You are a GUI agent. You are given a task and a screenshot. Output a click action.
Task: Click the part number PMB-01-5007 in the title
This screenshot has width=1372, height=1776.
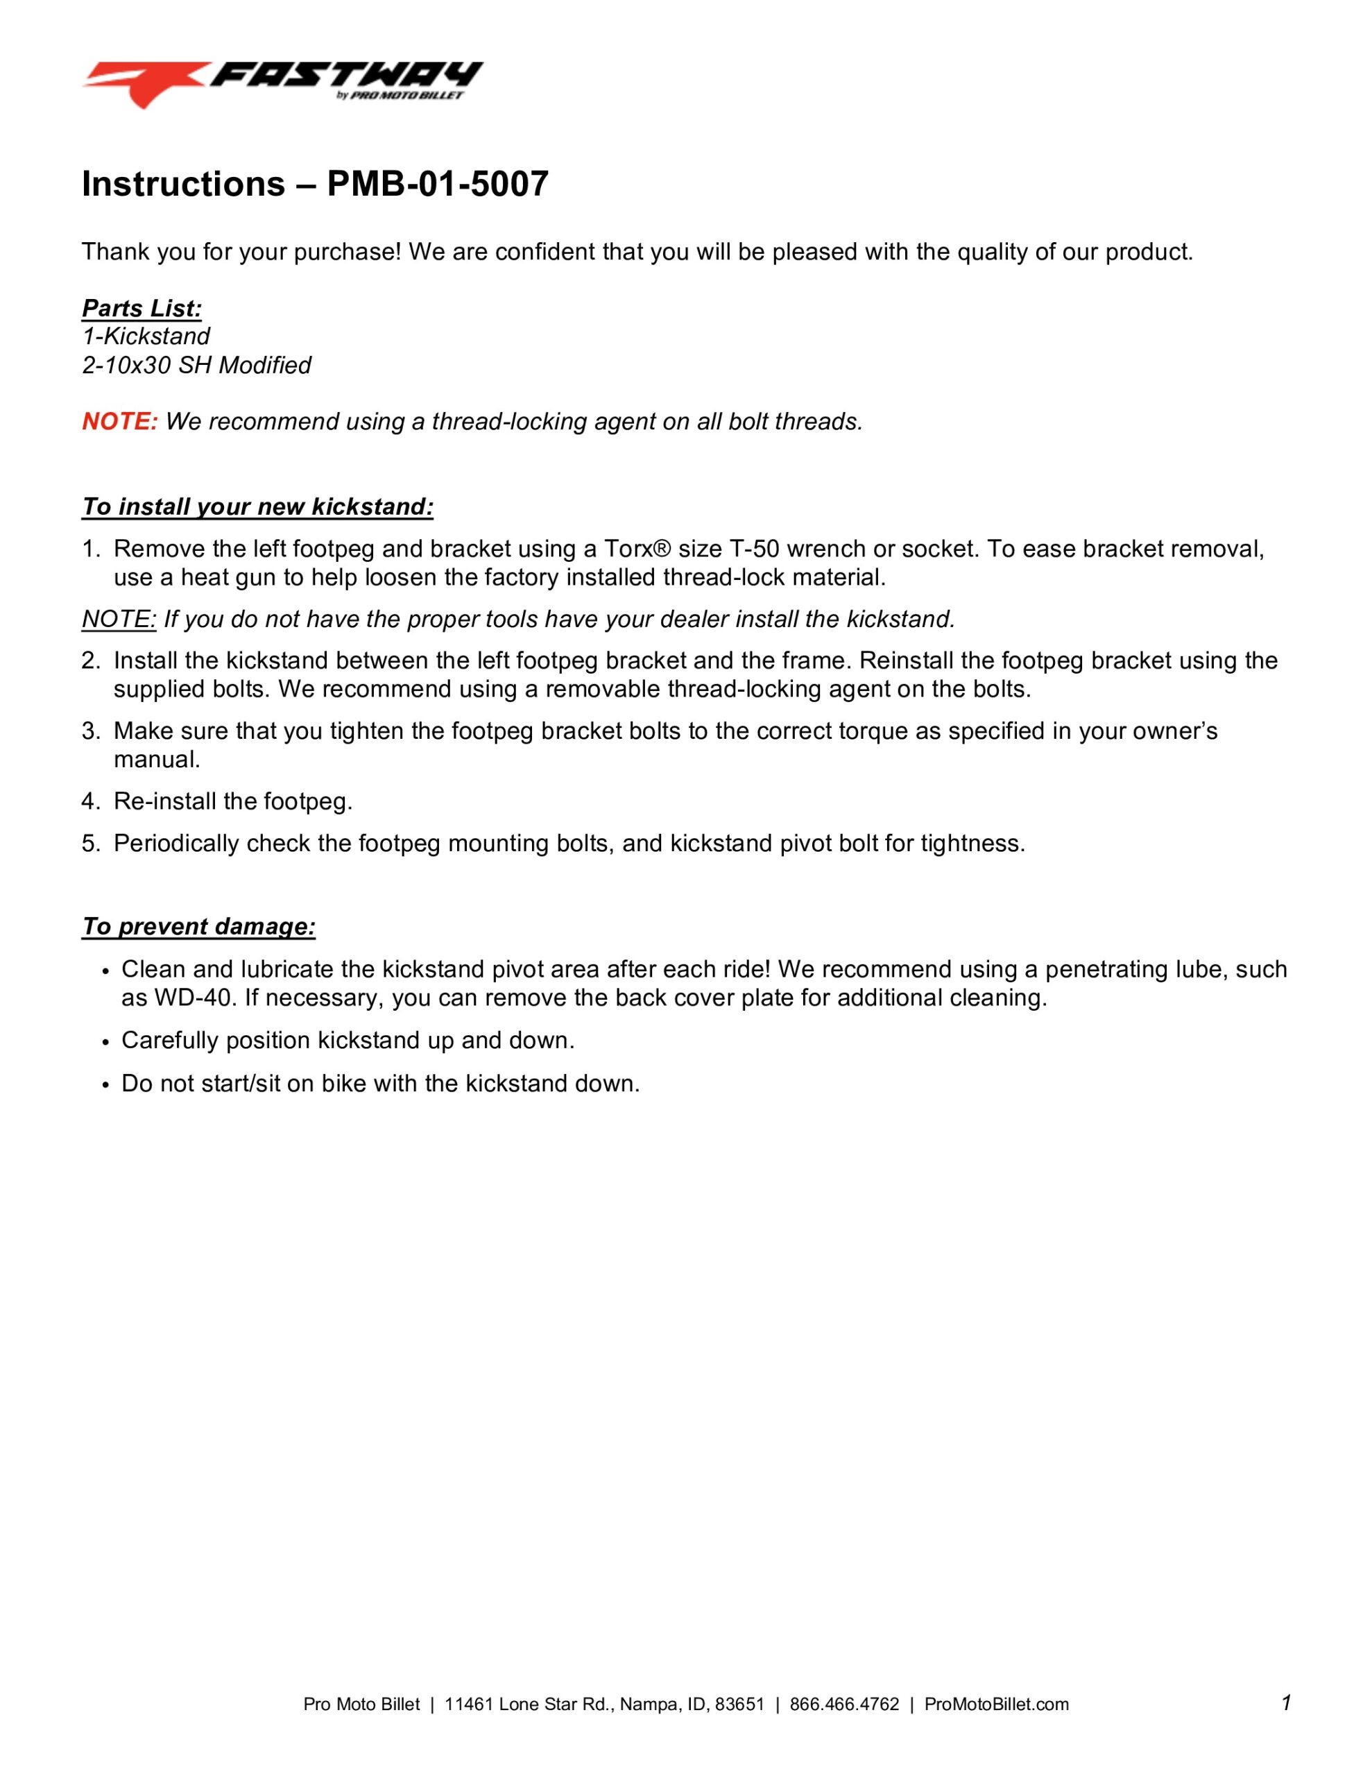tap(438, 184)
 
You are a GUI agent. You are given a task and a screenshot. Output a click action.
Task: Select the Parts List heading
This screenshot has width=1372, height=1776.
tap(142, 308)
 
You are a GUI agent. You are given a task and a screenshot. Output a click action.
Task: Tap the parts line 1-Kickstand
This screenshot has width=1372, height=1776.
tap(146, 336)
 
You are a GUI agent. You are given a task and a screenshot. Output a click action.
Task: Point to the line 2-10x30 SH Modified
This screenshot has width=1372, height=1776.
tap(196, 365)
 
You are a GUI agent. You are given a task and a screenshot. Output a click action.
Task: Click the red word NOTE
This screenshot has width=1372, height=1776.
tap(119, 421)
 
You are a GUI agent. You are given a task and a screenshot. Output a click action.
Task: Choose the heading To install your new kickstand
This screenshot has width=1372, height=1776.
tap(257, 506)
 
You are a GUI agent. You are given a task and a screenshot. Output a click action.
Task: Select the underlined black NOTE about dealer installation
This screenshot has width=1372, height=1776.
tap(119, 619)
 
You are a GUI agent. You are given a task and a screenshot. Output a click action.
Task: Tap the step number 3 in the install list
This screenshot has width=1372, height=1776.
tap(89, 731)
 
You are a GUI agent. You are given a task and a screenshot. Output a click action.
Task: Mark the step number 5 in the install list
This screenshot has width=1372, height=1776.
tap(89, 844)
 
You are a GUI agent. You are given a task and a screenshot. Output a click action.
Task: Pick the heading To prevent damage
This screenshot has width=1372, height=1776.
tap(198, 926)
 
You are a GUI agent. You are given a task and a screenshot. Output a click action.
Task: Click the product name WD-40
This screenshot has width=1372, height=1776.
tap(194, 998)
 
